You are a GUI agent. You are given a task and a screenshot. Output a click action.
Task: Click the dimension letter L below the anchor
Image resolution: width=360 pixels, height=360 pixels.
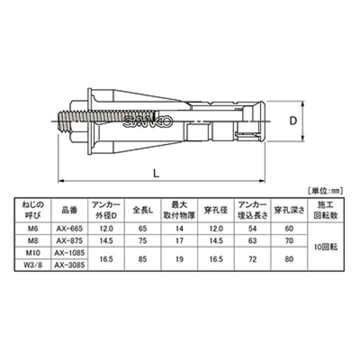156,173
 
